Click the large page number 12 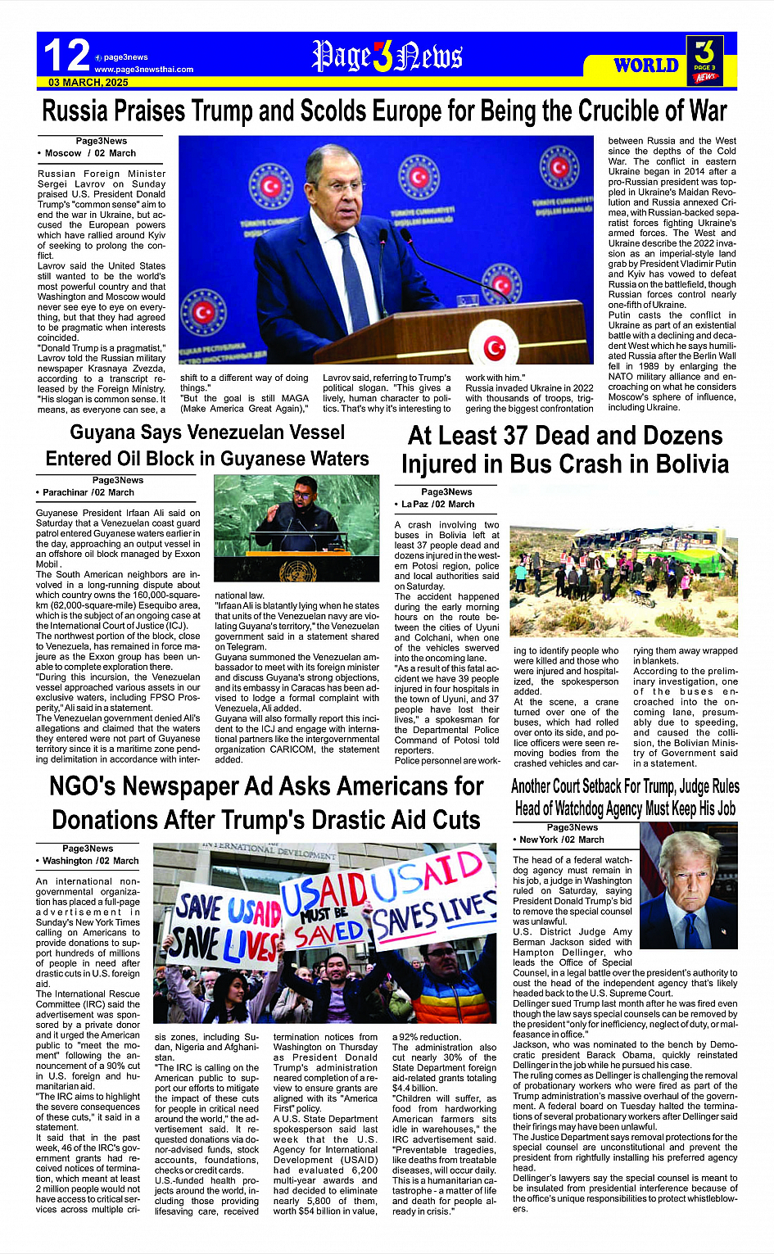pyautogui.click(x=66, y=56)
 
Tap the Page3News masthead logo pyautogui.click(x=387, y=57)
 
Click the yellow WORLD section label pyautogui.click(x=646, y=66)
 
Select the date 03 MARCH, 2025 pyautogui.click(x=88, y=83)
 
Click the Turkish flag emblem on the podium pyautogui.click(x=495, y=348)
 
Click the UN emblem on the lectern pyautogui.click(x=297, y=570)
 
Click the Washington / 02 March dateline pyautogui.click(x=88, y=861)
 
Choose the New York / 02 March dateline pyautogui.click(x=560, y=840)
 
